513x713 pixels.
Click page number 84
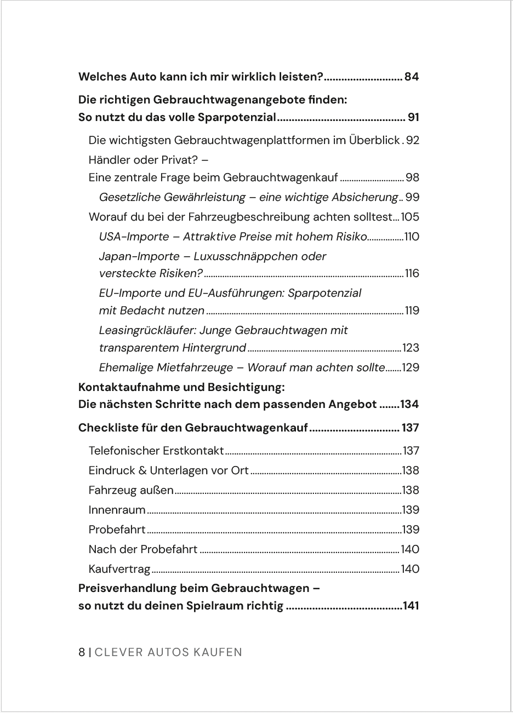(412, 77)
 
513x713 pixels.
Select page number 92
(412, 140)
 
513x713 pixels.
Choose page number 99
(412, 197)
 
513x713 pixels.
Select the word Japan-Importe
(139, 256)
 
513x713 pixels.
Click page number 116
(412, 273)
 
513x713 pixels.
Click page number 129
(411, 367)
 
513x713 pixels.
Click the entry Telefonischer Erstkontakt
(156, 451)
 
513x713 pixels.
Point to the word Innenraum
(117, 510)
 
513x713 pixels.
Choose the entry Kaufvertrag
(119, 569)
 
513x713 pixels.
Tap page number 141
(411, 606)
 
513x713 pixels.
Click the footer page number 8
(82, 652)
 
